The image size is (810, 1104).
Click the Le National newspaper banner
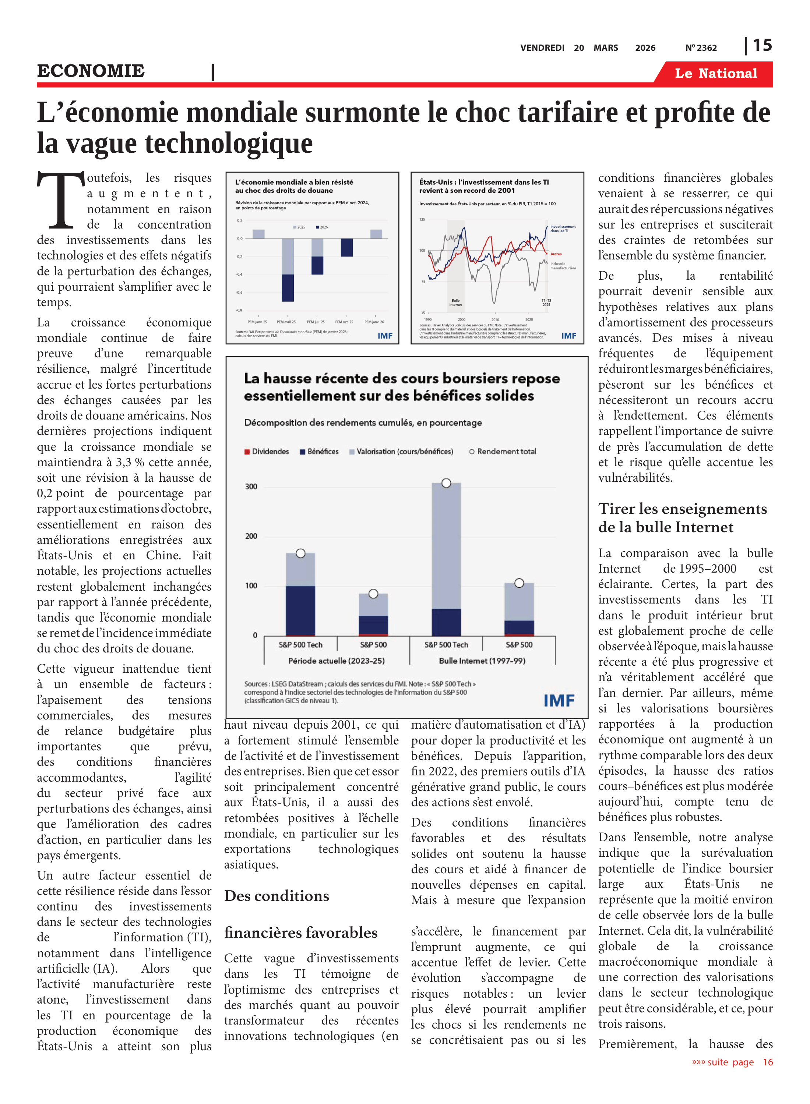tap(715, 74)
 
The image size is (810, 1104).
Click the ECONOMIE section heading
tap(91, 71)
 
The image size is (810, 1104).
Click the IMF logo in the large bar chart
tap(559, 700)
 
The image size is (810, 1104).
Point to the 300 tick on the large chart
tap(251, 486)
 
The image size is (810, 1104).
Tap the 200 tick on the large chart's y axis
tap(251, 536)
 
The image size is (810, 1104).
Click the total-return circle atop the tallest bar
tap(446, 483)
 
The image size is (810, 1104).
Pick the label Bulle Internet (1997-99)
tap(482, 661)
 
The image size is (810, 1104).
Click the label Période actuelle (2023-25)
tap(337, 661)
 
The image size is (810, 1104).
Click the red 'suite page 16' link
tap(732, 1062)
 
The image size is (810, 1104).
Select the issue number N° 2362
tap(701, 48)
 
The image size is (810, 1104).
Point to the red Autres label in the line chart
tap(556, 254)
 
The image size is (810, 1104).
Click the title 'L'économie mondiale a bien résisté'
tap(294, 182)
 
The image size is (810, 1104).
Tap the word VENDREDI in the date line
tap(542, 48)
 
